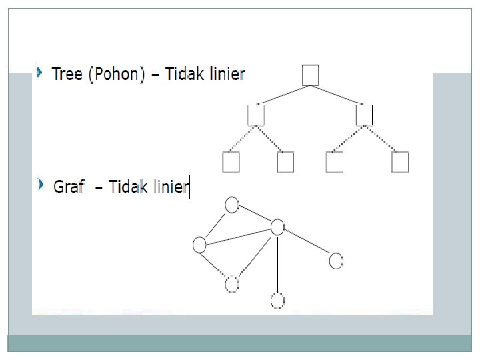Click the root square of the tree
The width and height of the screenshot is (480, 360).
pyautogui.click(x=310, y=75)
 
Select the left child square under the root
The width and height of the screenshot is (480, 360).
pyautogui.click(x=255, y=115)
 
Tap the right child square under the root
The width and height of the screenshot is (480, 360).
pyautogui.click(x=364, y=115)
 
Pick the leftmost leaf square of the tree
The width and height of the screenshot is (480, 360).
pyautogui.click(x=231, y=163)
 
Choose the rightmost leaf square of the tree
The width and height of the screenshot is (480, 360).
pyautogui.click(x=400, y=163)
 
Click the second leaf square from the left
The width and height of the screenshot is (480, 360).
pyautogui.click(x=285, y=163)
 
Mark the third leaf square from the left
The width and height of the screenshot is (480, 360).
pyautogui.click(x=335, y=163)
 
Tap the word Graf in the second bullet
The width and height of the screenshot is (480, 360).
pyautogui.click(x=69, y=187)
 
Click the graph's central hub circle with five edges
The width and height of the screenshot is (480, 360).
pyautogui.click(x=277, y=227)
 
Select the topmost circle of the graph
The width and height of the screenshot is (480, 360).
pyautogui.click(x=232, y=205)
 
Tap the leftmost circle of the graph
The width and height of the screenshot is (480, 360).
pyautogui.click(x=199, y=245)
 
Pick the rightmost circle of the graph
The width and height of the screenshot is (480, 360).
pyautogui.click(x=336, y=260)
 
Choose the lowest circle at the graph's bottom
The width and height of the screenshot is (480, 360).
pyautogui.click(x=277, y=301)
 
